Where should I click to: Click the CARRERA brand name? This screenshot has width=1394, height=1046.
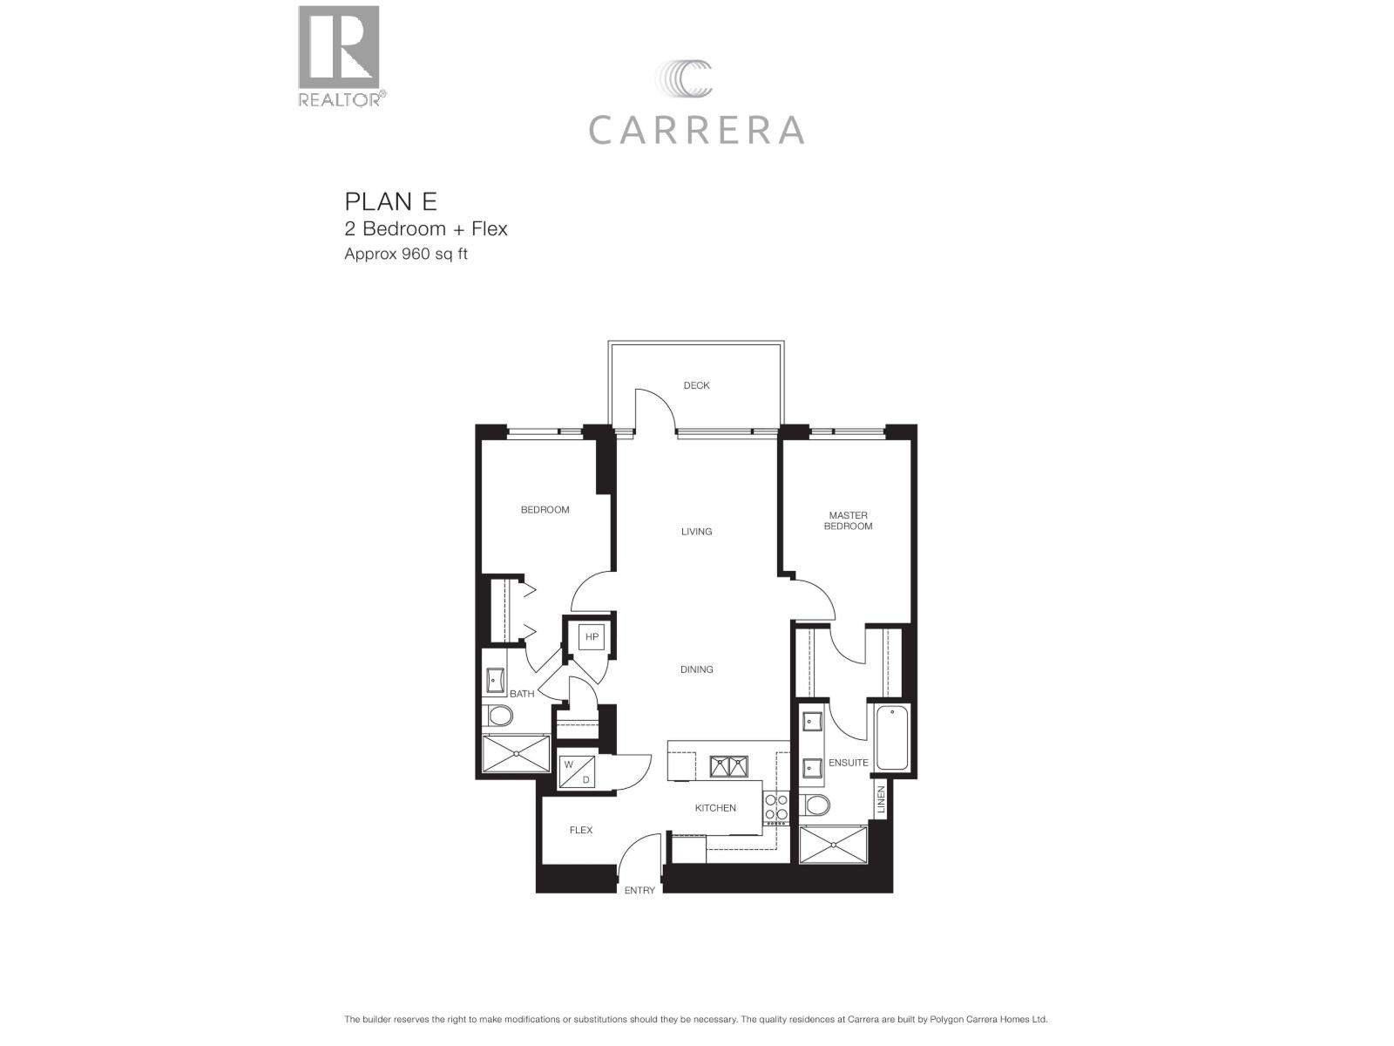696,130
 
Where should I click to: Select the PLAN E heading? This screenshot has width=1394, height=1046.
390,201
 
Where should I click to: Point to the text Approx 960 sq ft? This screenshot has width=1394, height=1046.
406,255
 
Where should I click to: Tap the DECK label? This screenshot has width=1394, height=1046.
696,385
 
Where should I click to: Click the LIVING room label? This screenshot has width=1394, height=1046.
696,531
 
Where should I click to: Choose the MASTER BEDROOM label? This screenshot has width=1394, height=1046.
848,520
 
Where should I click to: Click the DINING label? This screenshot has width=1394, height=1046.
696,669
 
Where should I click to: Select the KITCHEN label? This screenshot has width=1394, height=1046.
715,808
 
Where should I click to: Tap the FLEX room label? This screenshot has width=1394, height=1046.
581,830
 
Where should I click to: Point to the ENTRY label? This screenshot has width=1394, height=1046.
639,890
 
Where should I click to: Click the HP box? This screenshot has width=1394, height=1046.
592,637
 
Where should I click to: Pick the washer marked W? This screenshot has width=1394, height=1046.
569,764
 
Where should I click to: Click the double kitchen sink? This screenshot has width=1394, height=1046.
728,766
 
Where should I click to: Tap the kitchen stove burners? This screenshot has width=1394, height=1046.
775,807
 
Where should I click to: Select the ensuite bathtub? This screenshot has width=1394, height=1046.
891,737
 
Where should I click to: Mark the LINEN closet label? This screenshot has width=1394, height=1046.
881,800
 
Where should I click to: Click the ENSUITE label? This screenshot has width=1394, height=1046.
848,763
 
